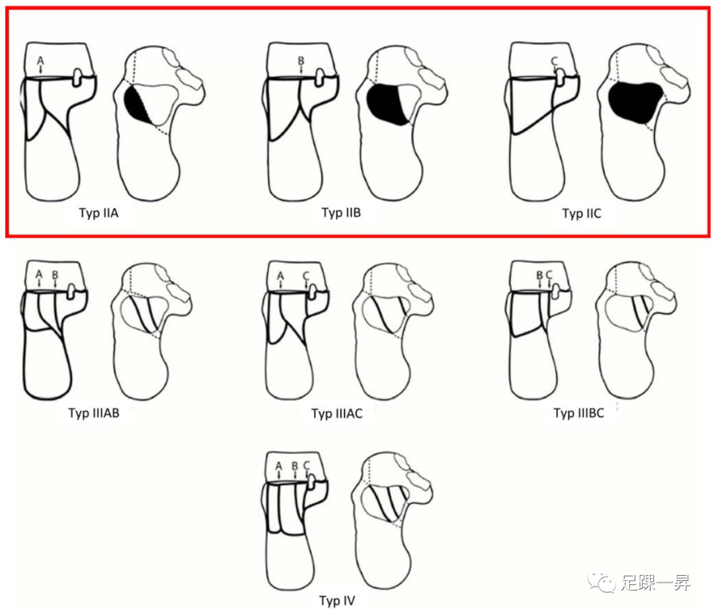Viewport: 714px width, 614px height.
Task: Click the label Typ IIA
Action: (99, 213)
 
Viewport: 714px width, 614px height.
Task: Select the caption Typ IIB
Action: (341, 213)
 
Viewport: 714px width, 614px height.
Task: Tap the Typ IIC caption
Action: (582, 213)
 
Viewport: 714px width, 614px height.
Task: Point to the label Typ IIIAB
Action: (94, 413)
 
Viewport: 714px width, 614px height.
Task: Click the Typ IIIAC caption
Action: (337, 413)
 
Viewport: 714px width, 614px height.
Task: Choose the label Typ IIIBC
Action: (578, 413)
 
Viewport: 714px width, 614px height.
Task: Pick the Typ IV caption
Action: (337, 601)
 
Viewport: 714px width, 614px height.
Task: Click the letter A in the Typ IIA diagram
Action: (40, 61)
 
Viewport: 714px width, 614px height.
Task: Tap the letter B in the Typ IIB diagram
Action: (301, 61)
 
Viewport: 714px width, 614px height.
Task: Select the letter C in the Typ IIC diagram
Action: (554, 61)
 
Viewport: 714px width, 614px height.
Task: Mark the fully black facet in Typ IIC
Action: (636, 102)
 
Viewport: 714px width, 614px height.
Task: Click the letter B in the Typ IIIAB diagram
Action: (55, 274)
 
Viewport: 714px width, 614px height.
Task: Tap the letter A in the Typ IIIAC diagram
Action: (280, 276)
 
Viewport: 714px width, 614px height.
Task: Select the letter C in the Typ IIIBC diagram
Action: (549, 275)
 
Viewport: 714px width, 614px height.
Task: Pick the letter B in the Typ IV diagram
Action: (295, 466)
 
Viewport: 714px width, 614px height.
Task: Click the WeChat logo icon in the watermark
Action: (602, 582)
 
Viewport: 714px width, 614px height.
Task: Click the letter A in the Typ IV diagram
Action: (279, 466)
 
